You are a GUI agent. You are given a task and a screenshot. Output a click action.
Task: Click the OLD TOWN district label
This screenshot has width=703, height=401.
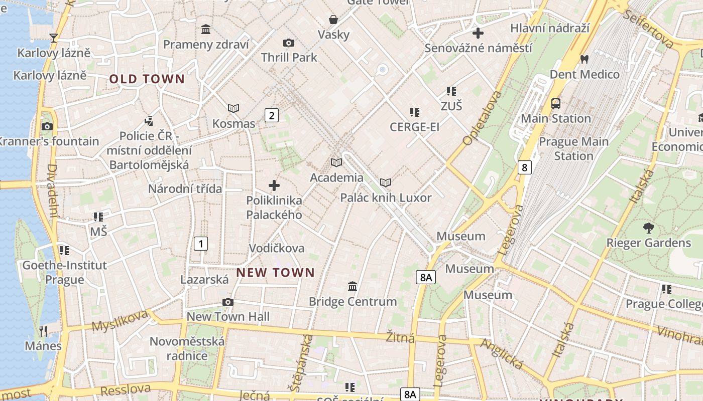[x=147, y=79]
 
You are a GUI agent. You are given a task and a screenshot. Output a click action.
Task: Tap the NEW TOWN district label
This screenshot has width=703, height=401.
[x=275, y=273]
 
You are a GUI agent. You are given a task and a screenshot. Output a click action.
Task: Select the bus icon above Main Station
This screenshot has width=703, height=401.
[x=555, y=104]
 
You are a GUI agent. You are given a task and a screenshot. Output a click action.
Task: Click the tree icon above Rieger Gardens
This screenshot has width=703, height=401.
[x=648, y=228]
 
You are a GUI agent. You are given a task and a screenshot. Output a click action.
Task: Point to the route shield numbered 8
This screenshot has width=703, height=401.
[x=524, y=167]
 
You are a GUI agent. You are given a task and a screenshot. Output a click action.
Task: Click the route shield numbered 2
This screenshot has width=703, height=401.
[x=272, y=116]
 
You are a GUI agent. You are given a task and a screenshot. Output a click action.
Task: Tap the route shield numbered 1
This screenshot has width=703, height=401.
[x=200, y=244]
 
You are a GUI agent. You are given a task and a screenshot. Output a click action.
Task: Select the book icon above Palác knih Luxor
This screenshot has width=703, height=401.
[x=386, y=183]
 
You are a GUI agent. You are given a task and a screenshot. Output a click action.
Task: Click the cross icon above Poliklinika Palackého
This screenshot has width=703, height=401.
[x=274, y=185]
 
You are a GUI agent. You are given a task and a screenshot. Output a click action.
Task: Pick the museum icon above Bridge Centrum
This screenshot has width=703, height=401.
[x=353, y=287]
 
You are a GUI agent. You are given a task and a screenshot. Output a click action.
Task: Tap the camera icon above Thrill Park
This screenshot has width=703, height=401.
[x=289, y=43]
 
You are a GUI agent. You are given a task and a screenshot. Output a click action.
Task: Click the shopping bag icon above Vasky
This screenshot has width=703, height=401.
[x=333, y=20]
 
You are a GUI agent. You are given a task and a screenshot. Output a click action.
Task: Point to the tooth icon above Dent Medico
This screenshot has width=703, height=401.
[x=583, y=59]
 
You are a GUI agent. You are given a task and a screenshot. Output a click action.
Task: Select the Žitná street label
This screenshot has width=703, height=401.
[x=400, y=337]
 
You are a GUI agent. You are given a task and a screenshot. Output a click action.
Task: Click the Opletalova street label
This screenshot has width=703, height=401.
[x=482, y=118]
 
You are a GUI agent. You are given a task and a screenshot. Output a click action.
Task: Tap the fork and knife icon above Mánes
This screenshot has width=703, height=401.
[x=43, y=331]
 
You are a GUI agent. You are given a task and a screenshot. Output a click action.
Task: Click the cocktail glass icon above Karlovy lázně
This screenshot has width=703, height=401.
[x=54, y=38]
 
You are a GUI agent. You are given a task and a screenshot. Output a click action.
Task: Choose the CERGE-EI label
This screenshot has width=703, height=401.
[x=414, y=127]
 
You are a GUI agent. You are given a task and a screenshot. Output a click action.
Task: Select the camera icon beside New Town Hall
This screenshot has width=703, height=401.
[x=227, y=302]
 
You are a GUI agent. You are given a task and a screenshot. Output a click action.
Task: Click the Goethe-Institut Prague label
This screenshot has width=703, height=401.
[x=64, y=272]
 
